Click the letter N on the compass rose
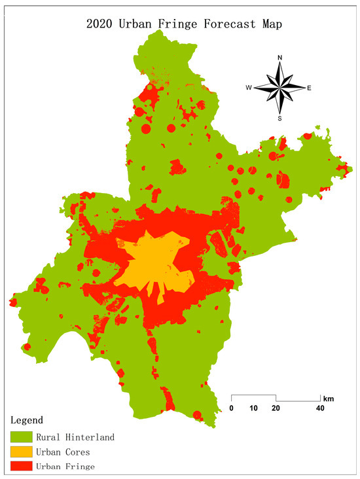280,58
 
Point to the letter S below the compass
280,118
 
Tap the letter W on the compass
249,88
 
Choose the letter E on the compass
309,88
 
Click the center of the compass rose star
279,88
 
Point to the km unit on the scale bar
327,398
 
